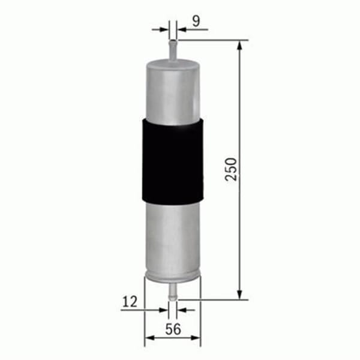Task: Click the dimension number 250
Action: pyautogui.click(x=233, y=169)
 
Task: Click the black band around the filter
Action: pyautogui.click(x=173, y=160)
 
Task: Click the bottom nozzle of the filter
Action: pyautogui.click(x=173, y=291)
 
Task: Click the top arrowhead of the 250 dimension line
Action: pyautogui.click(x=240, y=45)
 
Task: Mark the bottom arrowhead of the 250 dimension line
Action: pyautogui.click(x=240, y=294)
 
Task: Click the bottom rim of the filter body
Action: pyautogui.click(x=173, y=277)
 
